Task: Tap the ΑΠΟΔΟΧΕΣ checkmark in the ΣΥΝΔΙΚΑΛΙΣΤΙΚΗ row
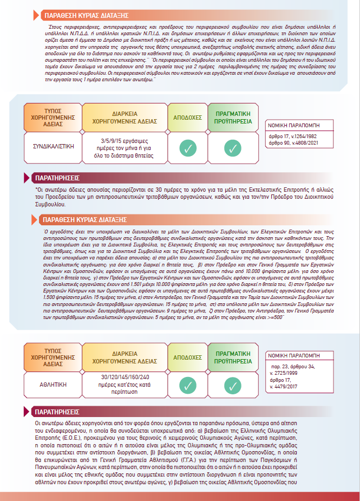pyautogui.click(x=187, y=147)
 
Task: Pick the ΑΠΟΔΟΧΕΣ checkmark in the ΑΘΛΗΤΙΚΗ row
pyautogui.click(x=187, y=385)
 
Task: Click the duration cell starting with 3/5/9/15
pyautogui.click(x=124, y=146)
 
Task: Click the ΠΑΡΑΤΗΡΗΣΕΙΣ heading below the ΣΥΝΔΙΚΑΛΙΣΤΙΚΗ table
pyautogui.click(x=56, y=178)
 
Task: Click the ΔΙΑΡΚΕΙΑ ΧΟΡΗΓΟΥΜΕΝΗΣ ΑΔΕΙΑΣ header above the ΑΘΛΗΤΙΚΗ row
pyautogui.click(x=124, y=356)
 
